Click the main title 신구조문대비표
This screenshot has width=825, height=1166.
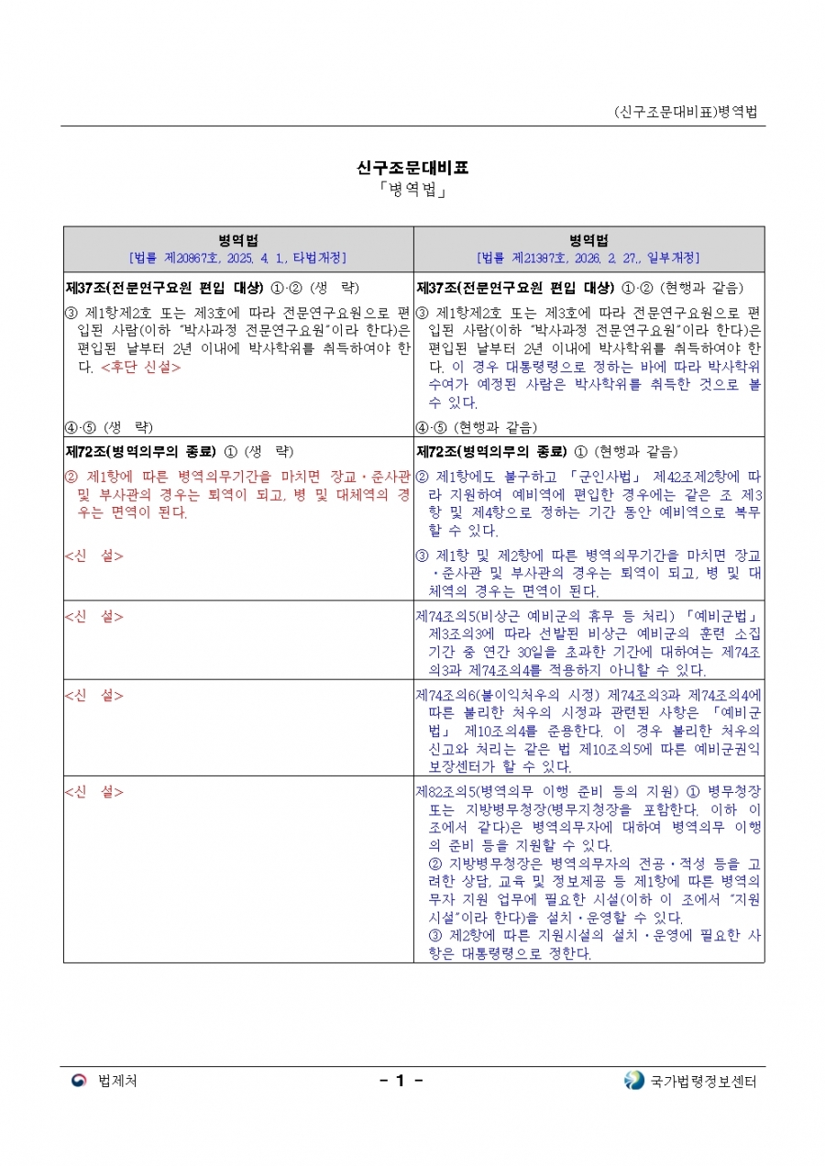pyautogui.click(x=412, y=168)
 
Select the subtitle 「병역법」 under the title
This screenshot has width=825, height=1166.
pyautogui.click(x=412, y=191)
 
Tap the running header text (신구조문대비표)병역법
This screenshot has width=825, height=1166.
pyautogui.click(x=686, y=112)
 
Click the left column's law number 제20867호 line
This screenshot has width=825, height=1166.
pyautogui.click(x=238, y=258)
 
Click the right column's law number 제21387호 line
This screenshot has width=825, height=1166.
pyautogui.click(x=588, y=258)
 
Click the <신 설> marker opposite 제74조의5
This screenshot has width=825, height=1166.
pyautogui.click(x=94, y=614)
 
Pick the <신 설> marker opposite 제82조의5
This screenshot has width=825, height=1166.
pyautogui.click(x=94, y=791)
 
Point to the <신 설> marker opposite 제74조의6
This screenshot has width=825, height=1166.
pyautogui.click(x=94, y=693)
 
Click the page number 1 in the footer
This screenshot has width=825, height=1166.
pyautogui.click(x=400, y=1081)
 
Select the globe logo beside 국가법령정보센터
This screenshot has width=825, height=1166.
pyautogui.click(x=633, y=1081)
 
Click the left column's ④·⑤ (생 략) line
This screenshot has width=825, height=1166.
pyautogui.click(x=109, y=427)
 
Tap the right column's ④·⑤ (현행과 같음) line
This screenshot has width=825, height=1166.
pyautogui.click(x=476, y=427)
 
